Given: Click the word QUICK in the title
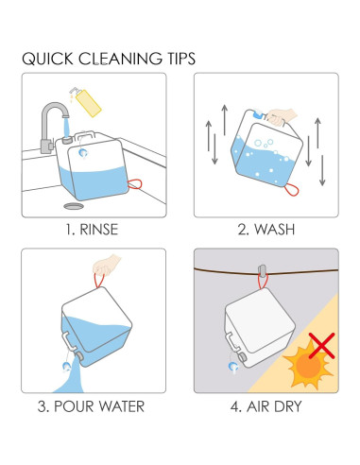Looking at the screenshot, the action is coord(47,59).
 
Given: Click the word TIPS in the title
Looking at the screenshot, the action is coord(180,59).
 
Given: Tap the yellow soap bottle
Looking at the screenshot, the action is coord(86,102).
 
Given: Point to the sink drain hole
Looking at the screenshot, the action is coord(74,206).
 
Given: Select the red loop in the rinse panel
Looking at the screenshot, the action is coord(134,184).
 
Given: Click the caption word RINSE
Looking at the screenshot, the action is coord(99,230).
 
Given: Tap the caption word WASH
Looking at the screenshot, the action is coord(275,230).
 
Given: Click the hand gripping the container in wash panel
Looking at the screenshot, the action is coord(282,117).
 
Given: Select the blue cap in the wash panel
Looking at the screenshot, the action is coord(258,113).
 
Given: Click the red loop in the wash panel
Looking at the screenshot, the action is coord(291,190).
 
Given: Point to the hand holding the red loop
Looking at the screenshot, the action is coord(106,266).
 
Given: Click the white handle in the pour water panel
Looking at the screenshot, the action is coord(69,341).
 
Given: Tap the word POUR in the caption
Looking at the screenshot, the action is coord(75,406).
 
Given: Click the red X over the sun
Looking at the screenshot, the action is coord(321,345).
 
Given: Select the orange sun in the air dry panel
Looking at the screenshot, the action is coord(308,365).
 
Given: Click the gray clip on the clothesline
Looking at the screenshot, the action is coord(262,270).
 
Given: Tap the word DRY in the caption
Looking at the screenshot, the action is coord(287,406).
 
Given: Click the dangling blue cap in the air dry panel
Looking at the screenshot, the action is coord(233,367).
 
